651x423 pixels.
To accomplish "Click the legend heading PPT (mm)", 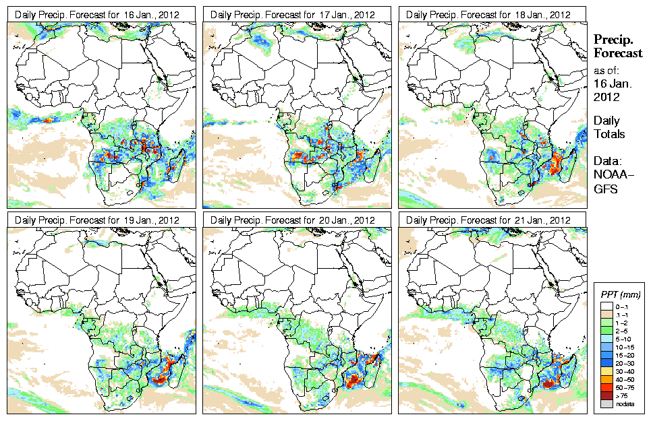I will click(x=621, y=295).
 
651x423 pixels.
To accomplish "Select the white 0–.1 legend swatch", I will click(x=605, y=306).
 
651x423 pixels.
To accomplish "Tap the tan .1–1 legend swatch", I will click(x=605, y=315).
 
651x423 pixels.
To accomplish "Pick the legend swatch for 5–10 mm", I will click(x=605, y=339).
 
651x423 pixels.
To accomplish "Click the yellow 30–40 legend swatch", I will click(x=605, y=371).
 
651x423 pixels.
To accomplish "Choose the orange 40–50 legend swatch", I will click(x=605, y=379).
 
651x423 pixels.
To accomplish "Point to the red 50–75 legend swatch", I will click(x=605, y=387).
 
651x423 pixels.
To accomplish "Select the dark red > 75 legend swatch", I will click(x=605, y=395).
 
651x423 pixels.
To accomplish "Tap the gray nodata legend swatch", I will click(x=605, y=403).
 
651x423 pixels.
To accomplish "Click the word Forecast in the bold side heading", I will click(x=618, y=53).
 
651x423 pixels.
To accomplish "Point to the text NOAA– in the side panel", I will click(x=610, y=176).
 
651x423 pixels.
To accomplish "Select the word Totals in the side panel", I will click(x=609, y=134).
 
